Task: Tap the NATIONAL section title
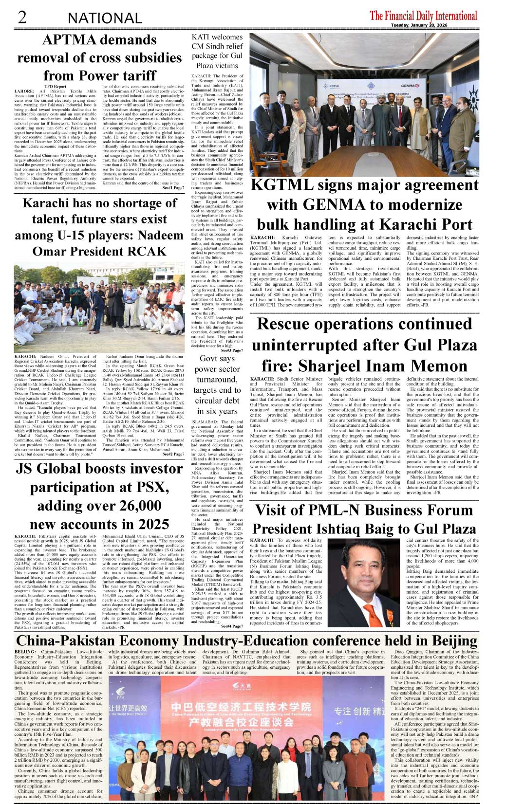coord(105,18)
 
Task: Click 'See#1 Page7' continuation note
coord(173,187)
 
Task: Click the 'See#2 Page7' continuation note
coord(173,454)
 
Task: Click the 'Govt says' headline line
coord(217,359)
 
